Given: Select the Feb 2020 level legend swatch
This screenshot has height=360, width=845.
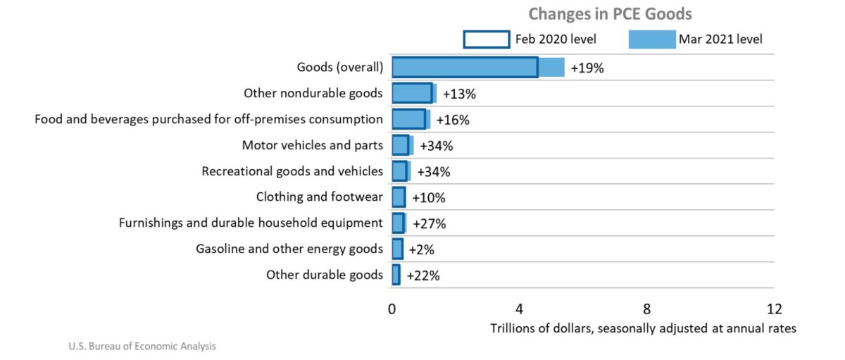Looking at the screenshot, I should coord(486,39).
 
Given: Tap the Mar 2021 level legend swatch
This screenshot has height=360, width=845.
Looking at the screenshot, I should coord(651,39).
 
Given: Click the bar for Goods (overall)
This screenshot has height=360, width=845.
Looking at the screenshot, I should coord(477,68).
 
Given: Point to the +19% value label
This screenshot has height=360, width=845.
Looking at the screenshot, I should coord(587,68).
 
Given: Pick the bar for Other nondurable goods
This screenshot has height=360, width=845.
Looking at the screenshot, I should coord(413,93).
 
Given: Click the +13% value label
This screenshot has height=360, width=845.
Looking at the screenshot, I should coord(460,94).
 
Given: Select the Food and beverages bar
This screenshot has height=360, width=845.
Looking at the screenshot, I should coord(411,119).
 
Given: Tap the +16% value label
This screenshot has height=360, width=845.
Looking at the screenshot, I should coord(453,120).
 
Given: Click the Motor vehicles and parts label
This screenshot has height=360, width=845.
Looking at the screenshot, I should coord(313,145).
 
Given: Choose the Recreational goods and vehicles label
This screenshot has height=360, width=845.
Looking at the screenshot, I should coord(292,171).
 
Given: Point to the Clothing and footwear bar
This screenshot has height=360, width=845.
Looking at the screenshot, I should coord(399,197).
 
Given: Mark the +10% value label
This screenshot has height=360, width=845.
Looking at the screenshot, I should coord(429,198).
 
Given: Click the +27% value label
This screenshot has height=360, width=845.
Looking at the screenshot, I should coord(429,224).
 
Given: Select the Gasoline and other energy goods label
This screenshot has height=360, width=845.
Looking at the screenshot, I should coord(289,249).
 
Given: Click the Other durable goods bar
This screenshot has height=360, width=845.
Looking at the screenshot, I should coord(396,275).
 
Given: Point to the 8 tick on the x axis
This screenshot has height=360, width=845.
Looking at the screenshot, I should coord(646,309).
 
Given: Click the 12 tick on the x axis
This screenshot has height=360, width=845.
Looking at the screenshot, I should coord(774,309).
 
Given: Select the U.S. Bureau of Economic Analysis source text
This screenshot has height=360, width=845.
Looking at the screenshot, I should coord(142,347).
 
